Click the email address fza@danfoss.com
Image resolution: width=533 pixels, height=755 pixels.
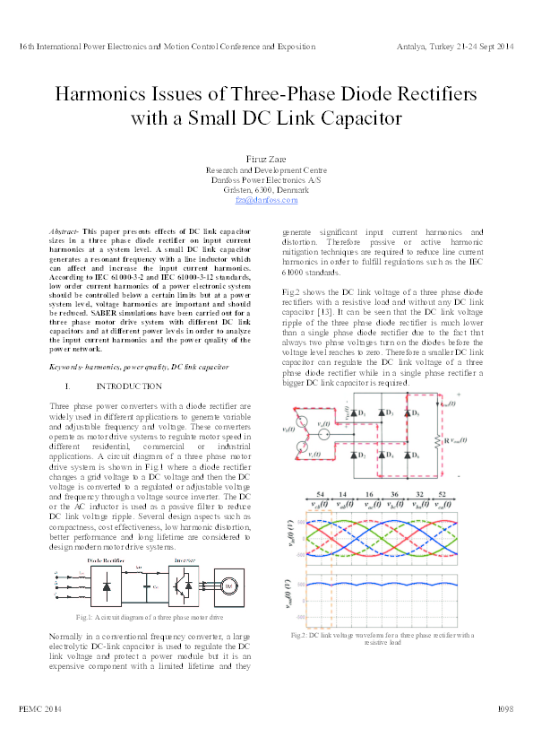[x=266, y=200]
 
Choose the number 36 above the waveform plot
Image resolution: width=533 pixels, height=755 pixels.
[x=394, y=495]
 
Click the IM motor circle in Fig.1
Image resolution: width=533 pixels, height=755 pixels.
[x=228, y=586]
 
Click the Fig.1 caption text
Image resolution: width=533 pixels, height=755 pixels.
[x=150, y=619]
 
